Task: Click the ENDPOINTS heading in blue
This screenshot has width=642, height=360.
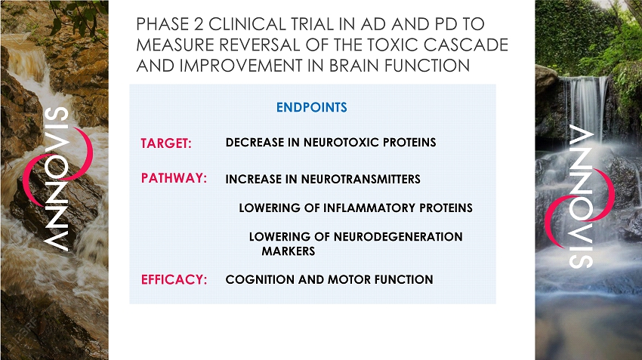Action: point(312,107)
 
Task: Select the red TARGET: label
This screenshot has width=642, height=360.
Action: point(166,143)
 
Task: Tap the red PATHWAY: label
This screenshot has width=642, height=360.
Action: point(174,178)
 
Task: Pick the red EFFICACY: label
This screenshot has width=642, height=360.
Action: point(174,279)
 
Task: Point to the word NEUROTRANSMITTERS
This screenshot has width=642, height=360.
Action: point(361,179)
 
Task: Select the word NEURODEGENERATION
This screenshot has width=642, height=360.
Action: point(398,236)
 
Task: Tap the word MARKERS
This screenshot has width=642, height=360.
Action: point(289,251)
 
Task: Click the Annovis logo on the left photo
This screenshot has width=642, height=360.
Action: point(57,179)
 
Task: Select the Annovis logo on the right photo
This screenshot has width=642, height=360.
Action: point(580,197)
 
